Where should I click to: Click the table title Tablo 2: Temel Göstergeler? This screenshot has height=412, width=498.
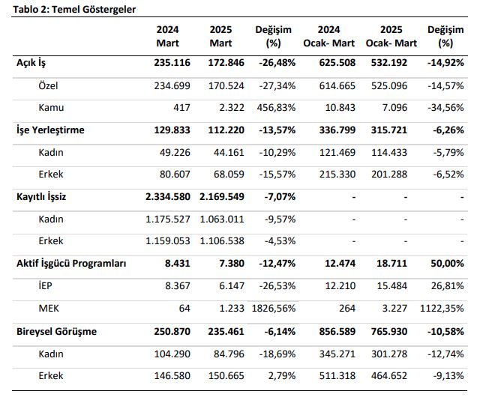(x=74, y=10)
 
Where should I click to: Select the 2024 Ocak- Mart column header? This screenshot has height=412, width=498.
(x=328, y=36)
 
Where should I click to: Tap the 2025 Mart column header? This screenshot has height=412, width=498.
(x=220, y=36)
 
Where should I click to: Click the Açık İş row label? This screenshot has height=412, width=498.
(x=31, y=63)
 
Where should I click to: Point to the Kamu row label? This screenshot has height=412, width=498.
(x=51, y=108)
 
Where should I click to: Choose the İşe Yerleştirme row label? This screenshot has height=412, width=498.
(x=50, y=130)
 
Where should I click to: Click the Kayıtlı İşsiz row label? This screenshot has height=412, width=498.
(x=41, y=197)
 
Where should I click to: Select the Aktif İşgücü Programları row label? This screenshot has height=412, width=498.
(x=71, y=263)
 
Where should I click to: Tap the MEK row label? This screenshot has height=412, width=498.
(x=49, y=309)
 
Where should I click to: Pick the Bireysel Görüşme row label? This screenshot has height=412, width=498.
(x=56, y=331)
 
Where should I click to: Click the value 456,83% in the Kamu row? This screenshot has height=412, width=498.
(x=276, y=108)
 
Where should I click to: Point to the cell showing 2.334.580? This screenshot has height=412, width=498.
(x=168, y=197)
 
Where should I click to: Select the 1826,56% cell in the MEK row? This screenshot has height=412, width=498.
(x=274, y=309)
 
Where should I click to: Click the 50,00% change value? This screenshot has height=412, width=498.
(x=447, y=263)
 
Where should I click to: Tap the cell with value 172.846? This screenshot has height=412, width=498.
(x=226, y=63)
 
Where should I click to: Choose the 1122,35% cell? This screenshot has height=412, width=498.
(x=442, y=309)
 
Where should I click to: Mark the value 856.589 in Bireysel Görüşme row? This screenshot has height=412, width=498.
(x=337, y=331)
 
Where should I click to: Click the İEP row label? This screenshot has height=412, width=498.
(x=45, y=285)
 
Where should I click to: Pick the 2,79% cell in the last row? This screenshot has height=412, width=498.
(x=282, y=376)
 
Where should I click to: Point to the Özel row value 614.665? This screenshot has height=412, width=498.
(x=337, y=85)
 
